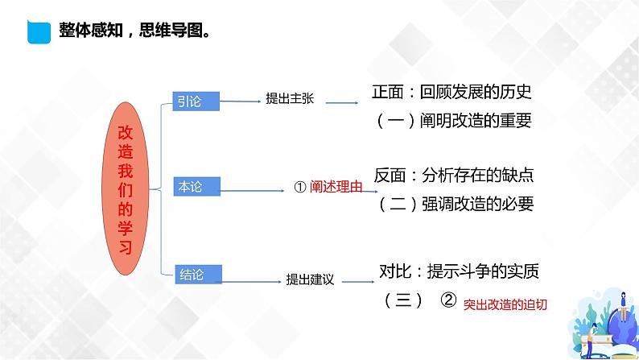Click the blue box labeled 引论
click(196, 100)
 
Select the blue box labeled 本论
click(196, 186)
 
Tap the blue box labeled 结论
click(196, 274)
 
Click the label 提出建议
click(310, 279)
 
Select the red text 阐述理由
click(337, 187)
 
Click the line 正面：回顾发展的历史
click(452, 92)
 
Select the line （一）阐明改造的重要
click(455, 121)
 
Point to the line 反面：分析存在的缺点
click(454, 174)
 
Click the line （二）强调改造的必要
click(456, 203)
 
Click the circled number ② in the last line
click(449, 300)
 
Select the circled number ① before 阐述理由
click(299, 187)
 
